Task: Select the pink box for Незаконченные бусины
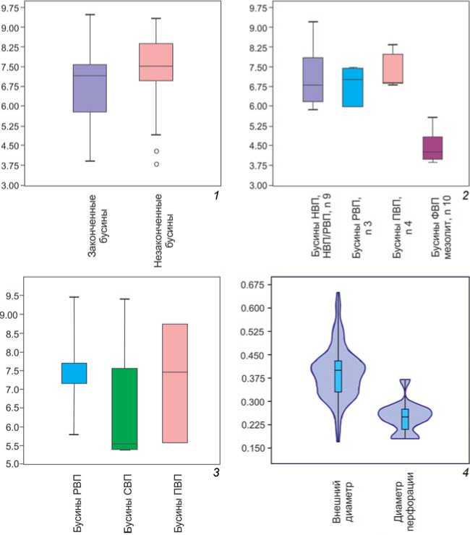coord(156,62)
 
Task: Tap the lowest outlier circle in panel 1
coord(156,164)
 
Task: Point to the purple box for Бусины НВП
coord(313,80)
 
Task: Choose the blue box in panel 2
coord(352,87)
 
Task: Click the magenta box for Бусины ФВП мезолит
coord(432,147)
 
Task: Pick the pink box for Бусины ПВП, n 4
coord(392,69)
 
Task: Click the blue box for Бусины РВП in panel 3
coord(74,373)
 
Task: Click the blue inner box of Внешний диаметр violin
coord(338,376)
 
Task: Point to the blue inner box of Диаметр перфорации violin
coord(405,419)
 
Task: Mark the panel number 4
coord(465,474)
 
